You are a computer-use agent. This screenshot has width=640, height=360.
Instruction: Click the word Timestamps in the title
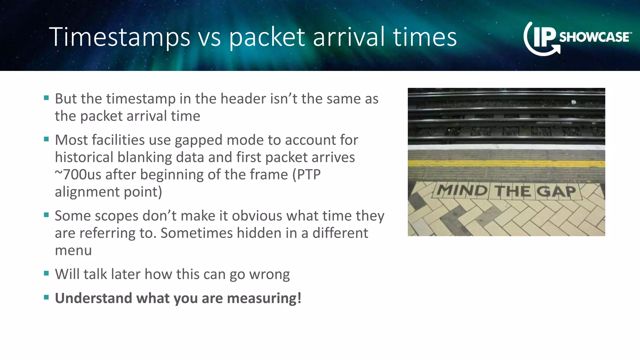(x=119, y=37)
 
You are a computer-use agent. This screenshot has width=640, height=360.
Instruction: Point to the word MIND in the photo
(x=462, y=190)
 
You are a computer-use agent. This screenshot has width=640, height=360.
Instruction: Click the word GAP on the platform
(x=557, y=191)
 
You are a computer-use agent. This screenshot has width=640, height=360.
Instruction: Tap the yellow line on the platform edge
(x=506, y=163)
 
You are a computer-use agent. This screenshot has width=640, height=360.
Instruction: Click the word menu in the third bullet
(x=73, y=250)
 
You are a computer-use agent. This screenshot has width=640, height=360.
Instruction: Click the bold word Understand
(x=93, y=298)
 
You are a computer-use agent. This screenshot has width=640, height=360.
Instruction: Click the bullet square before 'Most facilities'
(x=47, y=139)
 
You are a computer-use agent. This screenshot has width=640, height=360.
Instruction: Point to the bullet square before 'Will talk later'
(x=47, y=273)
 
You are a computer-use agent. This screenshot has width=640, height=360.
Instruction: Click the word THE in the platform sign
(x=512, y=191)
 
